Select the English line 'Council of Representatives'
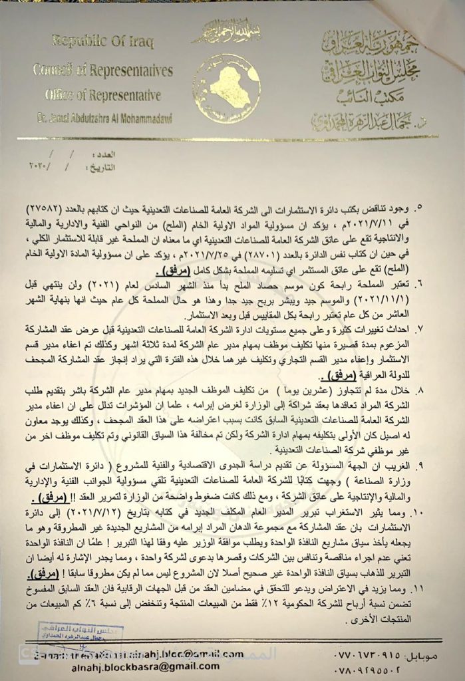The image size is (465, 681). click(x=104, y=70)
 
